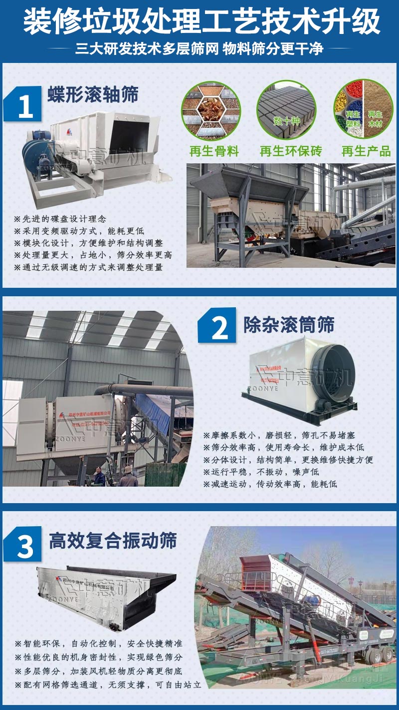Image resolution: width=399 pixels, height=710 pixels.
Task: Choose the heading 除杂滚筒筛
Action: (x=289, y=325)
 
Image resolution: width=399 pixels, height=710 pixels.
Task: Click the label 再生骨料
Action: (x=214, y=151)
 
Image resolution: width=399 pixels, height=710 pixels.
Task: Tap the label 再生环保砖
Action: (x=291, y=151)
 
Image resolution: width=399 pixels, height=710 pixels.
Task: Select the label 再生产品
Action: (x=366, y=151)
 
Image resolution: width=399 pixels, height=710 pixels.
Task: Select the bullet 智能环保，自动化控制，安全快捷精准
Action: (x=98, y=644)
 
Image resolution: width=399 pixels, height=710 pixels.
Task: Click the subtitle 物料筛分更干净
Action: (x=273, y=48)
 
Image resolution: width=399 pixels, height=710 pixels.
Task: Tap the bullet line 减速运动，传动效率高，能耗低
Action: (x=270, y=484)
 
